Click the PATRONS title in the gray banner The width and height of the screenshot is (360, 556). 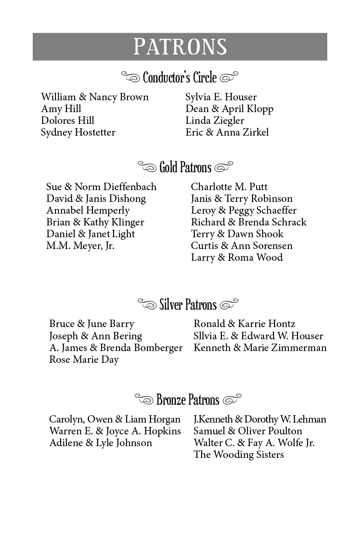(180, 47)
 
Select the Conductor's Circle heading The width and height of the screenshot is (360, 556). (180, 78)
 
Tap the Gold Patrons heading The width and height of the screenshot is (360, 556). (185, 167)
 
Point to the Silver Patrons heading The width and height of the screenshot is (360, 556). (188, 304)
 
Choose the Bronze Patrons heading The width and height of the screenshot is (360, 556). (188, 399)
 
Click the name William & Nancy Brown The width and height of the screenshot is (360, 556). (95, 97)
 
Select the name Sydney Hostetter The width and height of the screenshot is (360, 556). (78, 132)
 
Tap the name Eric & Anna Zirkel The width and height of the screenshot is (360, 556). (227, 132)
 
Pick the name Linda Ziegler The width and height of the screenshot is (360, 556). (215, 120)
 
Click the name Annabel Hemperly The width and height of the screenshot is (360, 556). (88, 210)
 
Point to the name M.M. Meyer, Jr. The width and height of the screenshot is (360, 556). (80, 246)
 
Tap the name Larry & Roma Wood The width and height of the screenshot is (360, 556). (237, 257)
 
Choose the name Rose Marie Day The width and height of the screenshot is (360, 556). (84, 360)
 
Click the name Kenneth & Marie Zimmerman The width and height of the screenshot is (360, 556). (260, 348)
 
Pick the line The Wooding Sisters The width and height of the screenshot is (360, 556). (239, 454)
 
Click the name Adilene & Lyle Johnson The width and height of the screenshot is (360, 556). (100, 443)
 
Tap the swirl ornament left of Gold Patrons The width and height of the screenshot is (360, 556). (147, 166)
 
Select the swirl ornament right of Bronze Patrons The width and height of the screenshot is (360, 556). (232, 399)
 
